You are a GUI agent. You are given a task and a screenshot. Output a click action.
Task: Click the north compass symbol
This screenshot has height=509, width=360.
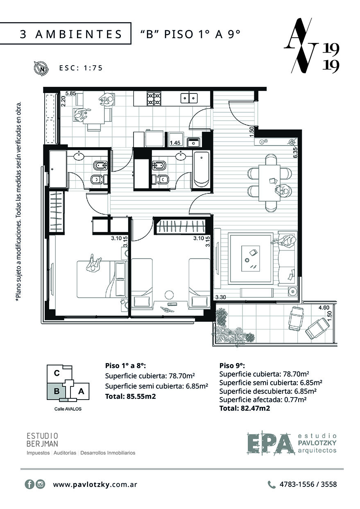point(41,68)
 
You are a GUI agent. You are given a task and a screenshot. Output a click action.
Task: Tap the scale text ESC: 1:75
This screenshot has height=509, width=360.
point(81,68)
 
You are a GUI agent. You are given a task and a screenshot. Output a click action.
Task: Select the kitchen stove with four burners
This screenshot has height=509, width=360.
point(154,98)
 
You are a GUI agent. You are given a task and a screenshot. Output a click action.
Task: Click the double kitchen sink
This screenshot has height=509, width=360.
point(189,98)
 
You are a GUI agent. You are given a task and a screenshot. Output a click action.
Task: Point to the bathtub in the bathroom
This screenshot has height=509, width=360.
point(201,169)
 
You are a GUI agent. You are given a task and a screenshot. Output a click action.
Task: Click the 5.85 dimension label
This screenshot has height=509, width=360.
point(70,93)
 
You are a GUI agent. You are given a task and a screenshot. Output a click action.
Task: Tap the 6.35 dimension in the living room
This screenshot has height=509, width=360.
point(295,152)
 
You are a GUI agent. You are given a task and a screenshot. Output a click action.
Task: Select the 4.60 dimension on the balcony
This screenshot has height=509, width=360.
point(324,308)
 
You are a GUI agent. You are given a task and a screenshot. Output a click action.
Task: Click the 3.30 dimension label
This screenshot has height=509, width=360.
point(220,297)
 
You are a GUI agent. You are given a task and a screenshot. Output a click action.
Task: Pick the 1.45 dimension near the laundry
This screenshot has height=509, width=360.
point(175,143)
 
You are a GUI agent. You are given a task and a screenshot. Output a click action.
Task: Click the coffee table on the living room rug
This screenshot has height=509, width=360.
point(251,258)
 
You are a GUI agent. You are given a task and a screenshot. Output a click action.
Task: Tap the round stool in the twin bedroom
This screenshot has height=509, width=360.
point(169,295)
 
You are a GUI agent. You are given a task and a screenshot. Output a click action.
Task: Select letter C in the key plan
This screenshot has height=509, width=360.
point(57,373)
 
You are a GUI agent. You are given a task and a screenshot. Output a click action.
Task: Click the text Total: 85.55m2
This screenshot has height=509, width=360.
point(130,396)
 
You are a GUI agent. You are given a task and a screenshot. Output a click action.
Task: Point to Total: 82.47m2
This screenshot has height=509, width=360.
point(245,408)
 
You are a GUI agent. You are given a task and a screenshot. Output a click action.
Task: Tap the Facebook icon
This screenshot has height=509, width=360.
point(29,484)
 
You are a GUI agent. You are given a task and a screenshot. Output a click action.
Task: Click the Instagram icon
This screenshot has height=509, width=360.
point(41,484)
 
